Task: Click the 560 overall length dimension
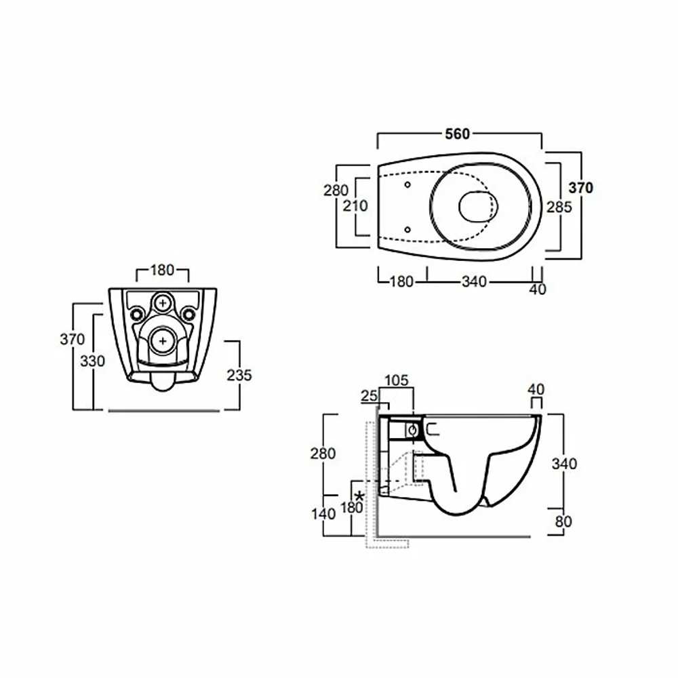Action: (458, 134)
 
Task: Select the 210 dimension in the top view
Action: (355, 206)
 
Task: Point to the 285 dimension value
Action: (559, 207)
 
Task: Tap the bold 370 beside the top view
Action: (581, 188)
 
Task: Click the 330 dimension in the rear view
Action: (92, 361)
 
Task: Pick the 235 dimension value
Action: (239, 376)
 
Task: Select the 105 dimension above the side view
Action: (397, 380)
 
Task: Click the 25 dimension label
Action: (370, 396)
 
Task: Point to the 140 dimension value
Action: (323, 514)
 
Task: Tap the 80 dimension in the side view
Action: (563, 522)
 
